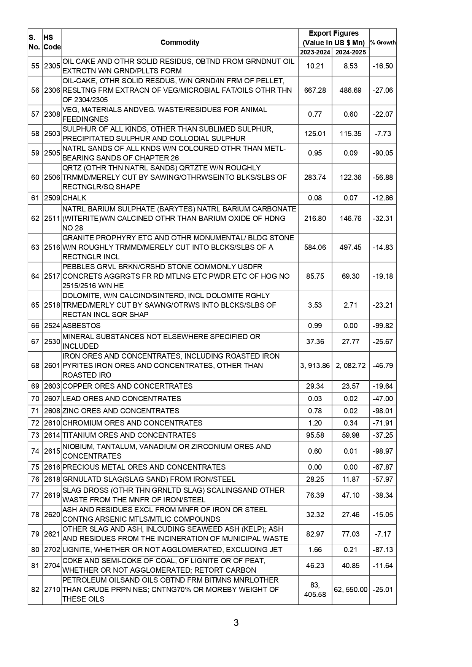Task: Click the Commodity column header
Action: (x=180, y=42)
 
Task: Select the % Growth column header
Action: (x=383, y=43)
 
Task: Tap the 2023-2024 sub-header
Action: (x=315, y=52)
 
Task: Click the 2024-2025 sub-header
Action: (x=350, y=52)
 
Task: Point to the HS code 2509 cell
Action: (x=52, y=198)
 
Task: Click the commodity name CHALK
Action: (x=74, y=198)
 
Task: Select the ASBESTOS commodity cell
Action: (x=81, y=326)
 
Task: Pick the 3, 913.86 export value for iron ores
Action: (x=315, y=366)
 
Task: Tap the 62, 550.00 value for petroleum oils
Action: (x=350, y=590)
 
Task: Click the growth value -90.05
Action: (x=383, y=153)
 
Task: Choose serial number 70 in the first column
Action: (x=35, y=399)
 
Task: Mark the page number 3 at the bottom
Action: (x=236, y=623)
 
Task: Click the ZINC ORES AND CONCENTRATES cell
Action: (x=121, y=411)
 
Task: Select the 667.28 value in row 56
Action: (x=315, y=91)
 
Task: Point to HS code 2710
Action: (x=52, y=590)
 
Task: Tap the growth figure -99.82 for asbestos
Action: (x=383, y=326)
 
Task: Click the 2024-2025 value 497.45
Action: (x=350, y=248)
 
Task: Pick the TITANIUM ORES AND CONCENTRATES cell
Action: (x=129, y=435)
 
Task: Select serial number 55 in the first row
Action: (x=35, y=66)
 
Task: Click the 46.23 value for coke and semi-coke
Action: (x=315, y=566)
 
